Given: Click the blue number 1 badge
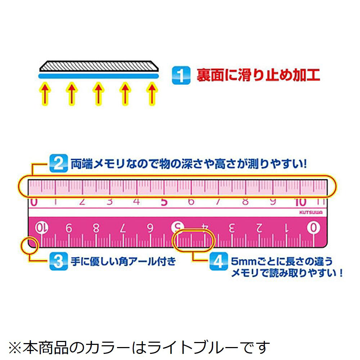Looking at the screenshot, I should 181,76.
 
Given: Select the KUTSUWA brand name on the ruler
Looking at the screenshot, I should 311,212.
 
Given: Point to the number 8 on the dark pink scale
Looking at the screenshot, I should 96,228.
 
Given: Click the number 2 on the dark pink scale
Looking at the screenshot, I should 259,228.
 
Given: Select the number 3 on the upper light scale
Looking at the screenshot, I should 109,202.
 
